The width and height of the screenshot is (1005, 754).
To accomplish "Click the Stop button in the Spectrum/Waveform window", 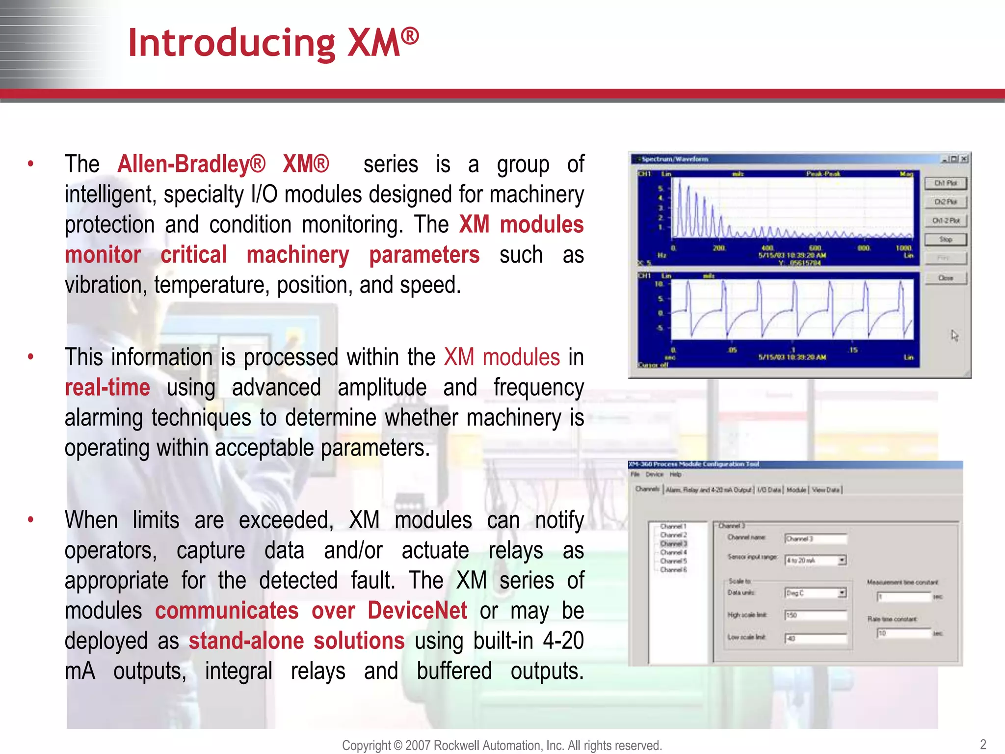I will click(945, 240).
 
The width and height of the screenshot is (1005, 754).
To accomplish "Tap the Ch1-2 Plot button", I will click(945, 221).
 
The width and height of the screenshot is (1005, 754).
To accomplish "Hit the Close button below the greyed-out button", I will click(945, 278).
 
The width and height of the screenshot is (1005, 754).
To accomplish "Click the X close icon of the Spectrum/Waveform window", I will click(964, 159).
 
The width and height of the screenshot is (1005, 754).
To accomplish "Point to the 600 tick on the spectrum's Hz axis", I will click(815, 248).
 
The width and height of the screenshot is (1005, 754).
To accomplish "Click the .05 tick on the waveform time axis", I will click(732, 350).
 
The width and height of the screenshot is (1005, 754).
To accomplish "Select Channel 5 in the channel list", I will click(673, 561).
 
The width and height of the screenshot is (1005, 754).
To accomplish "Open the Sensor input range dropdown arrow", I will click(842, 560).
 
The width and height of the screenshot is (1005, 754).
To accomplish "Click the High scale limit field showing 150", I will click(816, 615).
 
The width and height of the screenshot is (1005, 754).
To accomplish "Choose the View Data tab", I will click(826, 489).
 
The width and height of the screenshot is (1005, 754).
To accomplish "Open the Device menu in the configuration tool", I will click(654, 474).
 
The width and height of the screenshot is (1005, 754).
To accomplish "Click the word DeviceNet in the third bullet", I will click(417, 611).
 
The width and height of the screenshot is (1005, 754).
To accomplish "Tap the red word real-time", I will click(107, 387).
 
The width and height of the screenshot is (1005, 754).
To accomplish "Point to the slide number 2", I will click(982, 744).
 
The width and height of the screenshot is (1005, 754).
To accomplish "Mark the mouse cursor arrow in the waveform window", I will click(954, 335).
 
